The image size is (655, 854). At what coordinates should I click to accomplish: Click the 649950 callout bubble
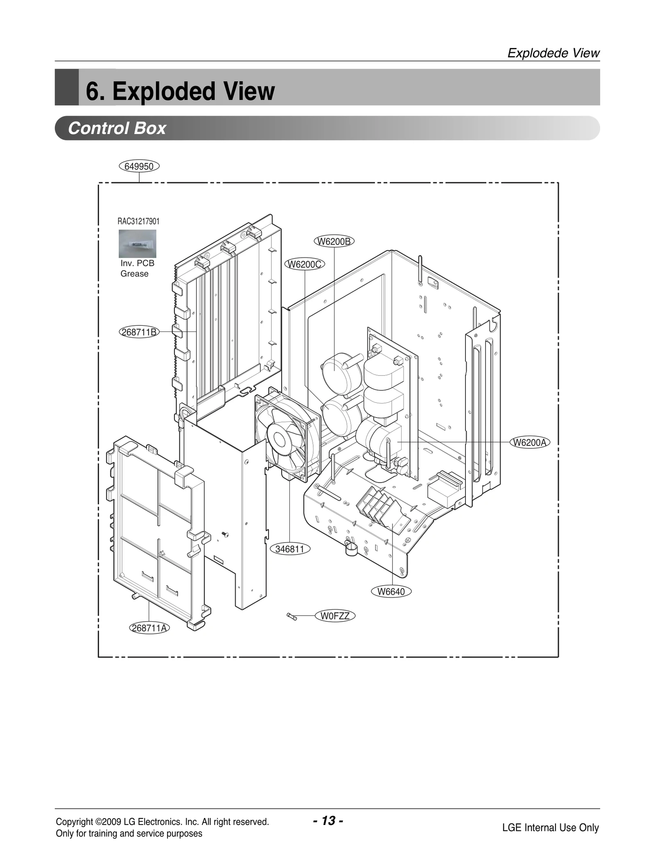click(x=139, y=166)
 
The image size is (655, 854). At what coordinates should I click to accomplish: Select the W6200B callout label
click(x=334, y=241)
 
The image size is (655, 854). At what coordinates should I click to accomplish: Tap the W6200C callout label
click(x=305, y=264)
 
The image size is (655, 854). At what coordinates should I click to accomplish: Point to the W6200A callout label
click(x=530, y=443)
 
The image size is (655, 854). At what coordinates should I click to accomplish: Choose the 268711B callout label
click(x=139, y=332)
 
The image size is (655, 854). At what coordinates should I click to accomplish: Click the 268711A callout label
click(x=149, y=628)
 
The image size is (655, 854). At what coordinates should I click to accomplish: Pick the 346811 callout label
click(x=290, y=549)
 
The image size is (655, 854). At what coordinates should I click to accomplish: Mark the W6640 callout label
click(x=391, y=591)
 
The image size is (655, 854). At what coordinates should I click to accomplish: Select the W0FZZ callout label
click(x=335, y=616)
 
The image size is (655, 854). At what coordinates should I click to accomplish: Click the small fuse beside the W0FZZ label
click(x=292, y=616)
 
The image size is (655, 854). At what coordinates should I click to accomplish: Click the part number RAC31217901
click(x=138, y=221)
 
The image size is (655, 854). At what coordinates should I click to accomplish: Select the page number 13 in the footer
click(x=328, y=821)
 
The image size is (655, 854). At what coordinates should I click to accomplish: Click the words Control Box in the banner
click(x=117, y=128)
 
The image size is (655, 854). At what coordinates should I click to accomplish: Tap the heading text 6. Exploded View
click(x=180, y=91)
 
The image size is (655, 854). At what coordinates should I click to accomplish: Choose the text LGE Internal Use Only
click(x=550, y=828)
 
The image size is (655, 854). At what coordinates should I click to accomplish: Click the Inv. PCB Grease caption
click(x=137, y=268)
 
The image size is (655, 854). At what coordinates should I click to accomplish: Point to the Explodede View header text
click(x=553, y=53)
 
